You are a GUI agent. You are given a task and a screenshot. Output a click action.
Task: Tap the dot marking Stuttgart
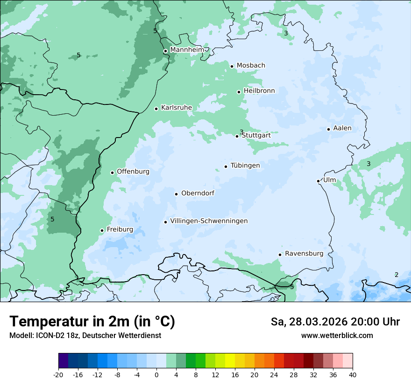pos(237,136)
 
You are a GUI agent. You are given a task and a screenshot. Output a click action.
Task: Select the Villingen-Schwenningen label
pos(209,221)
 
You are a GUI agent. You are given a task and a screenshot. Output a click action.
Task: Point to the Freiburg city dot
pos(102,230)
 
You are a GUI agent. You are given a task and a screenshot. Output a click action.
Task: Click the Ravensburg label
pos(304,254)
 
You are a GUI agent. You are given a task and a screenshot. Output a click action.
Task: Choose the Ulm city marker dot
pos(318,181)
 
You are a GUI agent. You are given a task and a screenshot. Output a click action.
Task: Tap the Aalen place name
pos(342,128)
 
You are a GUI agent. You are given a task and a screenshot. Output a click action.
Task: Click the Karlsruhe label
pos(177,108)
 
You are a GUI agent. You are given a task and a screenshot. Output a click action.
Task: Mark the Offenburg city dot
pos(112,173)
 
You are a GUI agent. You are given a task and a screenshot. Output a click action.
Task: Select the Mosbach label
pos(251,66)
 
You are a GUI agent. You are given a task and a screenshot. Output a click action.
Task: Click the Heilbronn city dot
pos(239,92)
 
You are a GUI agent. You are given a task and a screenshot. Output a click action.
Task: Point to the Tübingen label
pos(245,166)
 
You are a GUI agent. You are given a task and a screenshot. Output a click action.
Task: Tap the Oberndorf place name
pos(198,193)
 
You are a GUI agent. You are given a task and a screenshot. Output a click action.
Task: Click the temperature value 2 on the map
pos(397,275)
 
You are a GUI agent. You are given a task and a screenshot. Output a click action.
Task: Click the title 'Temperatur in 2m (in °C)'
pos(92,322)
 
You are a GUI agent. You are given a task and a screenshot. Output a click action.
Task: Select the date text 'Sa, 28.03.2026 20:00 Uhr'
pos(335,322)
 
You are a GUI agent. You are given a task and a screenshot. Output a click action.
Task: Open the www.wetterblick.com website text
pos(337,335)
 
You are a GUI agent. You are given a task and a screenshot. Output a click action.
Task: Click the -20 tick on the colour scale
pos(58,374)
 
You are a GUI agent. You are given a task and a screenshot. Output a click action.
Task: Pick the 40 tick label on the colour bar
pos(352,374)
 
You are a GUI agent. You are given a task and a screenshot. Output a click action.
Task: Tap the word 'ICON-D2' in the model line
pos(47,335)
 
